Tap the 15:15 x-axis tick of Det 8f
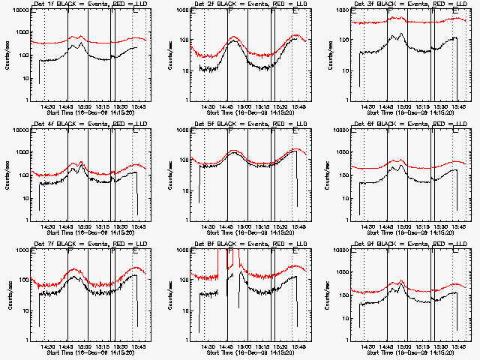tap(264, 346)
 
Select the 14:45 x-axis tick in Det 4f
tap(66, 226)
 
